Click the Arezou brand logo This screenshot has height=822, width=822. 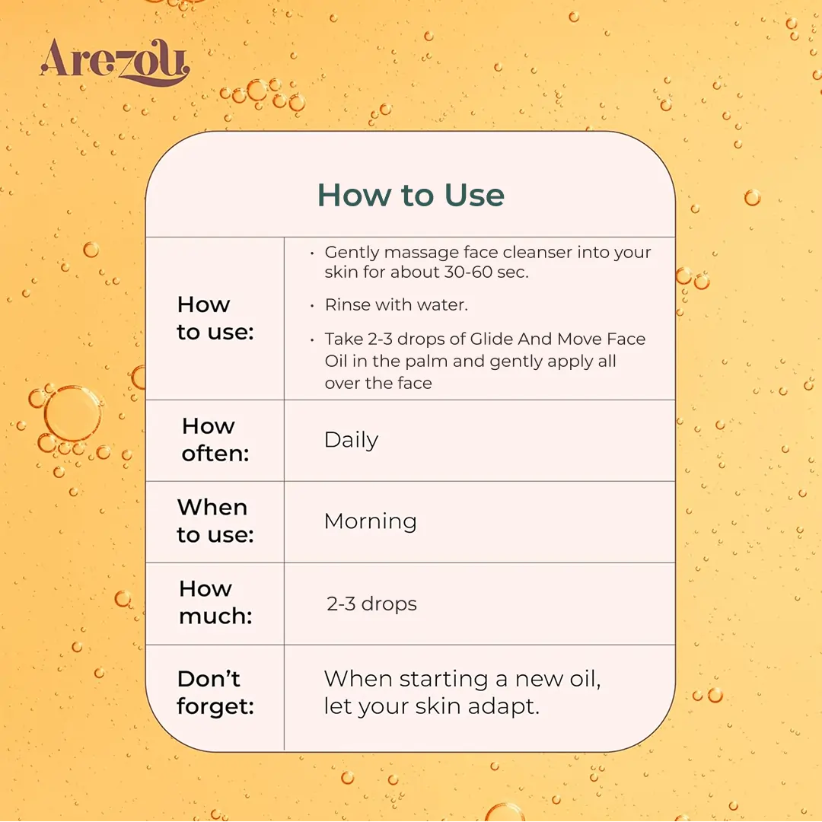(115, 62)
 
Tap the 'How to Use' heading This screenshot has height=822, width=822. (411, 195)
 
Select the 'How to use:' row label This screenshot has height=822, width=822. (215, 318)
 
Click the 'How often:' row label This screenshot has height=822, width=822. (215, 440)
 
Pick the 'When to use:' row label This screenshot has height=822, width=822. (215, 521)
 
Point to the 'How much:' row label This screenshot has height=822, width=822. (215, 602)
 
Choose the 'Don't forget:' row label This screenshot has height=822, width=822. (215, 693)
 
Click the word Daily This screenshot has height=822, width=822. (351, 441)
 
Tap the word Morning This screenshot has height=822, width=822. (371, 522)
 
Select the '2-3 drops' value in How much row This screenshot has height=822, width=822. (371, 604)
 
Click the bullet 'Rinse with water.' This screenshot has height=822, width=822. (397, 304)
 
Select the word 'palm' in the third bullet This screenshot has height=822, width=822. (426, 362)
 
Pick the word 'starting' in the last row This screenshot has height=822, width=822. (444, 680)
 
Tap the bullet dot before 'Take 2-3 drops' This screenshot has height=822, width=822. (312, 340)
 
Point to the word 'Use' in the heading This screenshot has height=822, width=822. (474, 195)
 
